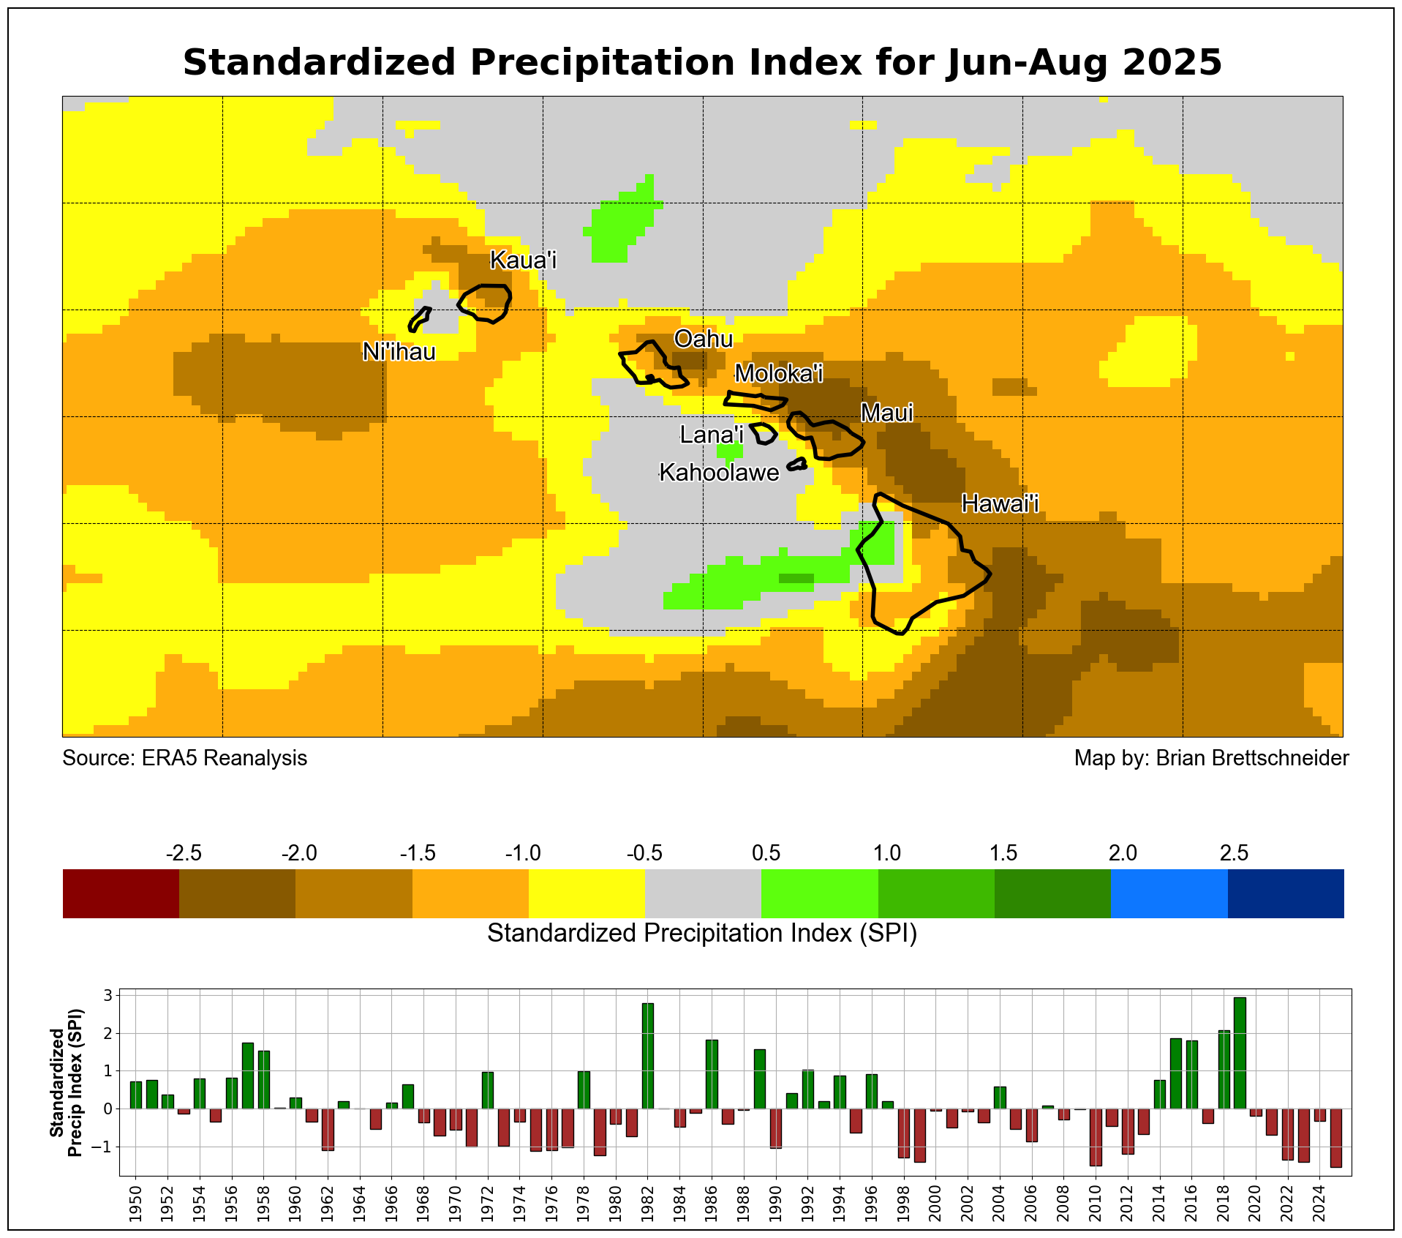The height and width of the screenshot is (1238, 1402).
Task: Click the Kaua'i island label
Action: [x=523, y=260]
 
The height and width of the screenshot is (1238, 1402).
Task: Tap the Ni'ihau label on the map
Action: [x=399, y=352]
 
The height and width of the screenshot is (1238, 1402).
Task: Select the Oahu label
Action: [x=703, y=339]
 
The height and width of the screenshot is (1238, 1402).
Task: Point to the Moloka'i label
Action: [x=778, y=373]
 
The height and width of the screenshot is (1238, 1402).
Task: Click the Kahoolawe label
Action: [x=719, y=473]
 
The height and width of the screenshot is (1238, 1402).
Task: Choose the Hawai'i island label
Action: [x=1000, y=503]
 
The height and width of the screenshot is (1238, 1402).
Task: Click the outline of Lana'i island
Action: [x=764, y=433]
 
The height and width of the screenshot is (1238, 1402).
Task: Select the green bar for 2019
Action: [x=1240, y=1053]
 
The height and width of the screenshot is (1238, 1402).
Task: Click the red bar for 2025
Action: [x=1335, y=1138]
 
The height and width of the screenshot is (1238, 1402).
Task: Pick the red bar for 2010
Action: [x=1096, y=1137]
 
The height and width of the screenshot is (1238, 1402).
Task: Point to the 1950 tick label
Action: [x=135, y=1207]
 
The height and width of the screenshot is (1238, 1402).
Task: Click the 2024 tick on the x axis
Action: [x=1319, y=1207]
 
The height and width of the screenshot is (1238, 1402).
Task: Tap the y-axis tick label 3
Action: [x=107, y=996]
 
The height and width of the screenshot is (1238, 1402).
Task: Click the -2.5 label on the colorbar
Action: [x=184, y=853]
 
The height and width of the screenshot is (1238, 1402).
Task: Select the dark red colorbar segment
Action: [x=121, y=893]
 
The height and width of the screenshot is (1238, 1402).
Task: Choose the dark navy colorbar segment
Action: [x=1285, y=893]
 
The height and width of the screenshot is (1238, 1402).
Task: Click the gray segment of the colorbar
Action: [x=703, y=893]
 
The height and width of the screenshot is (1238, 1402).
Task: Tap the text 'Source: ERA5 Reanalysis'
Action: [x=184, y=758]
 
